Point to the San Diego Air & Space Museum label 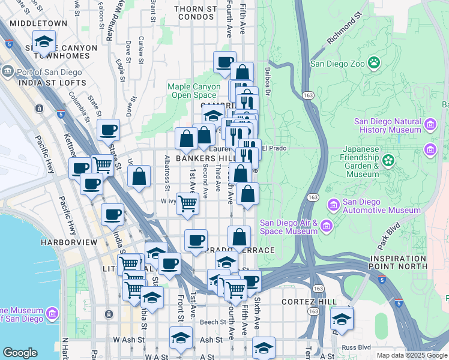pos(288,227)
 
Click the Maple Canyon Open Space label pos(193,91)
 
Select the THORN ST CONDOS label pos(195,14)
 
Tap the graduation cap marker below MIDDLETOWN pos(43,41)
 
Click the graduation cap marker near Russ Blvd pos(342,319)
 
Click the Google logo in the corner pos(20,353)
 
